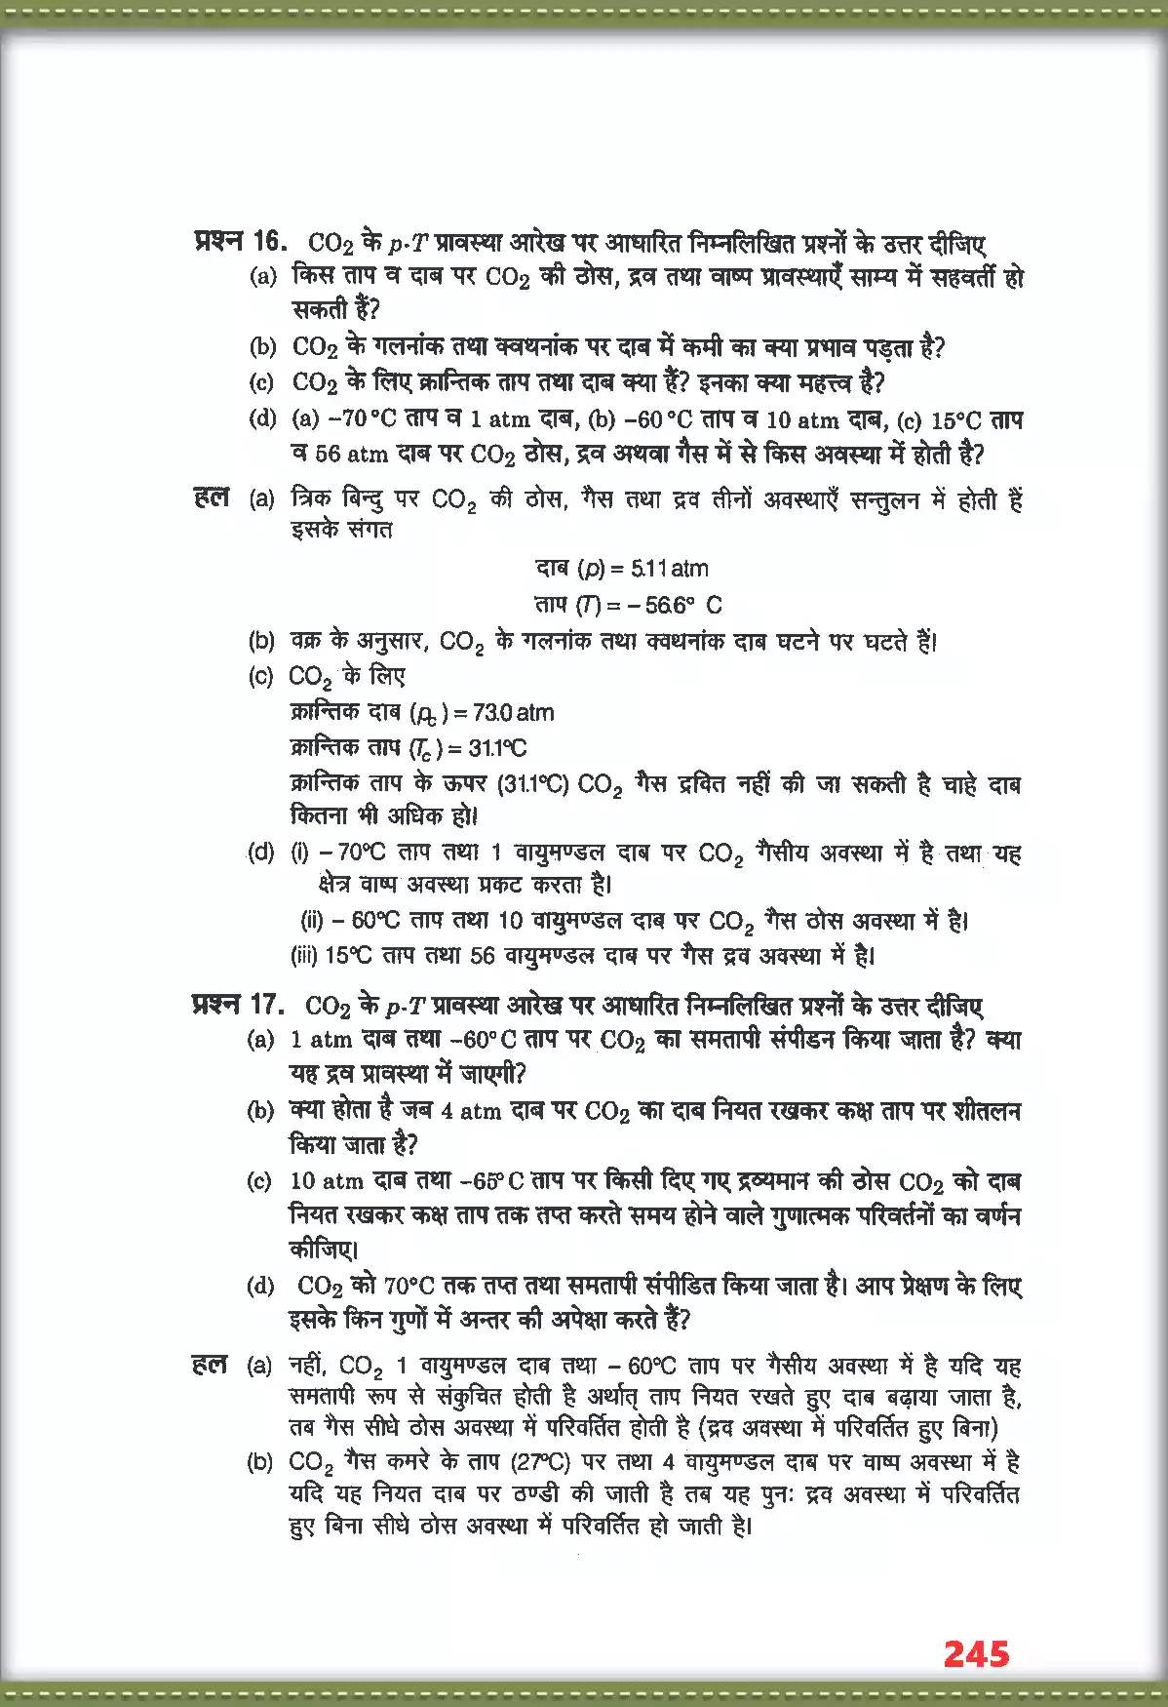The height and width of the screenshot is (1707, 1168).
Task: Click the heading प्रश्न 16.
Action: (x=240, y=241)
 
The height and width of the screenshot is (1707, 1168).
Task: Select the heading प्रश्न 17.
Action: (x=238, y=1004)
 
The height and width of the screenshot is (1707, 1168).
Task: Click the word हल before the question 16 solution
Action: (x=212, y=497)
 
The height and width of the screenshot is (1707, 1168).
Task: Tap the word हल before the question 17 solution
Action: (x=210, y=1364)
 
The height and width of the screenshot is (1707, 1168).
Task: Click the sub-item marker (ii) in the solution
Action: (x=312, y=920)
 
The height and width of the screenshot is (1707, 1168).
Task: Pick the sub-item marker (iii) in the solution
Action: (x=304, y=956)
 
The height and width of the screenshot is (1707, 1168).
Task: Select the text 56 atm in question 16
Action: (x=338, y=455)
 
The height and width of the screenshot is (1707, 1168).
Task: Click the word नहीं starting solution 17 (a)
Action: (x=311, y=1365)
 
